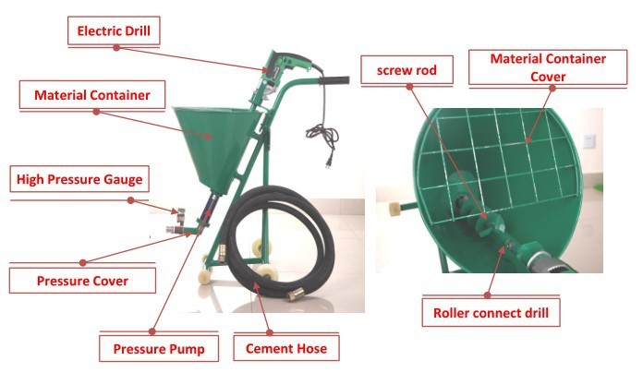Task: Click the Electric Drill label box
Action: click(115, 31)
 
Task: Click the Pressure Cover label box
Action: click(82, 279)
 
